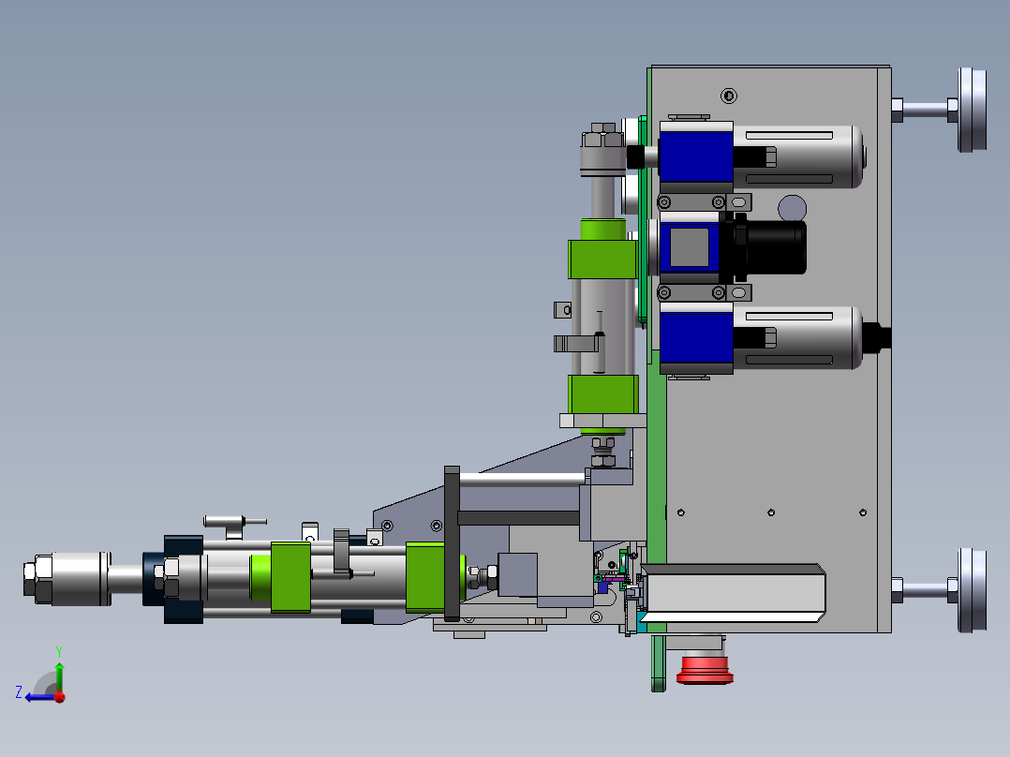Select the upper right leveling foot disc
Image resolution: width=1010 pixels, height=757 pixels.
click(x=972, y=110)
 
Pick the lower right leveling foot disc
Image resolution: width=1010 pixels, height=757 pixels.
click(x=972, y=590)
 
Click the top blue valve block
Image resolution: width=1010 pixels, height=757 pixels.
click(x=696, y=156)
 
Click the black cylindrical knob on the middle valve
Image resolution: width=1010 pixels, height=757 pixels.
click(x=770, y=247)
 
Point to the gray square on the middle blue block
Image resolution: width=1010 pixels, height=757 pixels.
click(x=690, y=247)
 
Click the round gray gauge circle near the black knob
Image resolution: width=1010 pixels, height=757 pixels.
click(x=793, y=208)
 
